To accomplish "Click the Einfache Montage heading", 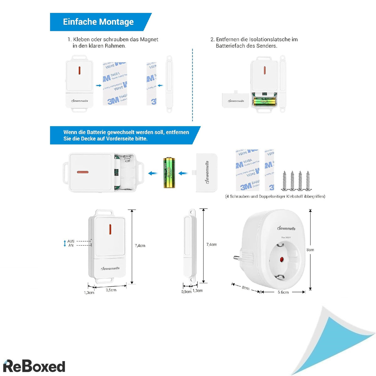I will (98, 22).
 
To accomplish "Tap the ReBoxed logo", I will (34, 366).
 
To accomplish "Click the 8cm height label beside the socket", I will (310, 250).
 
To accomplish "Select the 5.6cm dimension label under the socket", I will (283, 292).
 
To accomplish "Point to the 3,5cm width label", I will (111, 290).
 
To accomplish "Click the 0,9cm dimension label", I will (186, 292).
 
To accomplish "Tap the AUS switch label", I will (71, 241).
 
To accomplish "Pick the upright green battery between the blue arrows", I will (169, 173).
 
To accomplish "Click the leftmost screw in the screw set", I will (285, 181).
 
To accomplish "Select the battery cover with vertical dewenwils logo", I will (206, 172).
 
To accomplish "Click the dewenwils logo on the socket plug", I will (286, 228).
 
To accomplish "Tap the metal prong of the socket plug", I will (236, 258).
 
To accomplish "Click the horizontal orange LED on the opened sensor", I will (82, 172).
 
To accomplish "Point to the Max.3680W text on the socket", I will (286, 237).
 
